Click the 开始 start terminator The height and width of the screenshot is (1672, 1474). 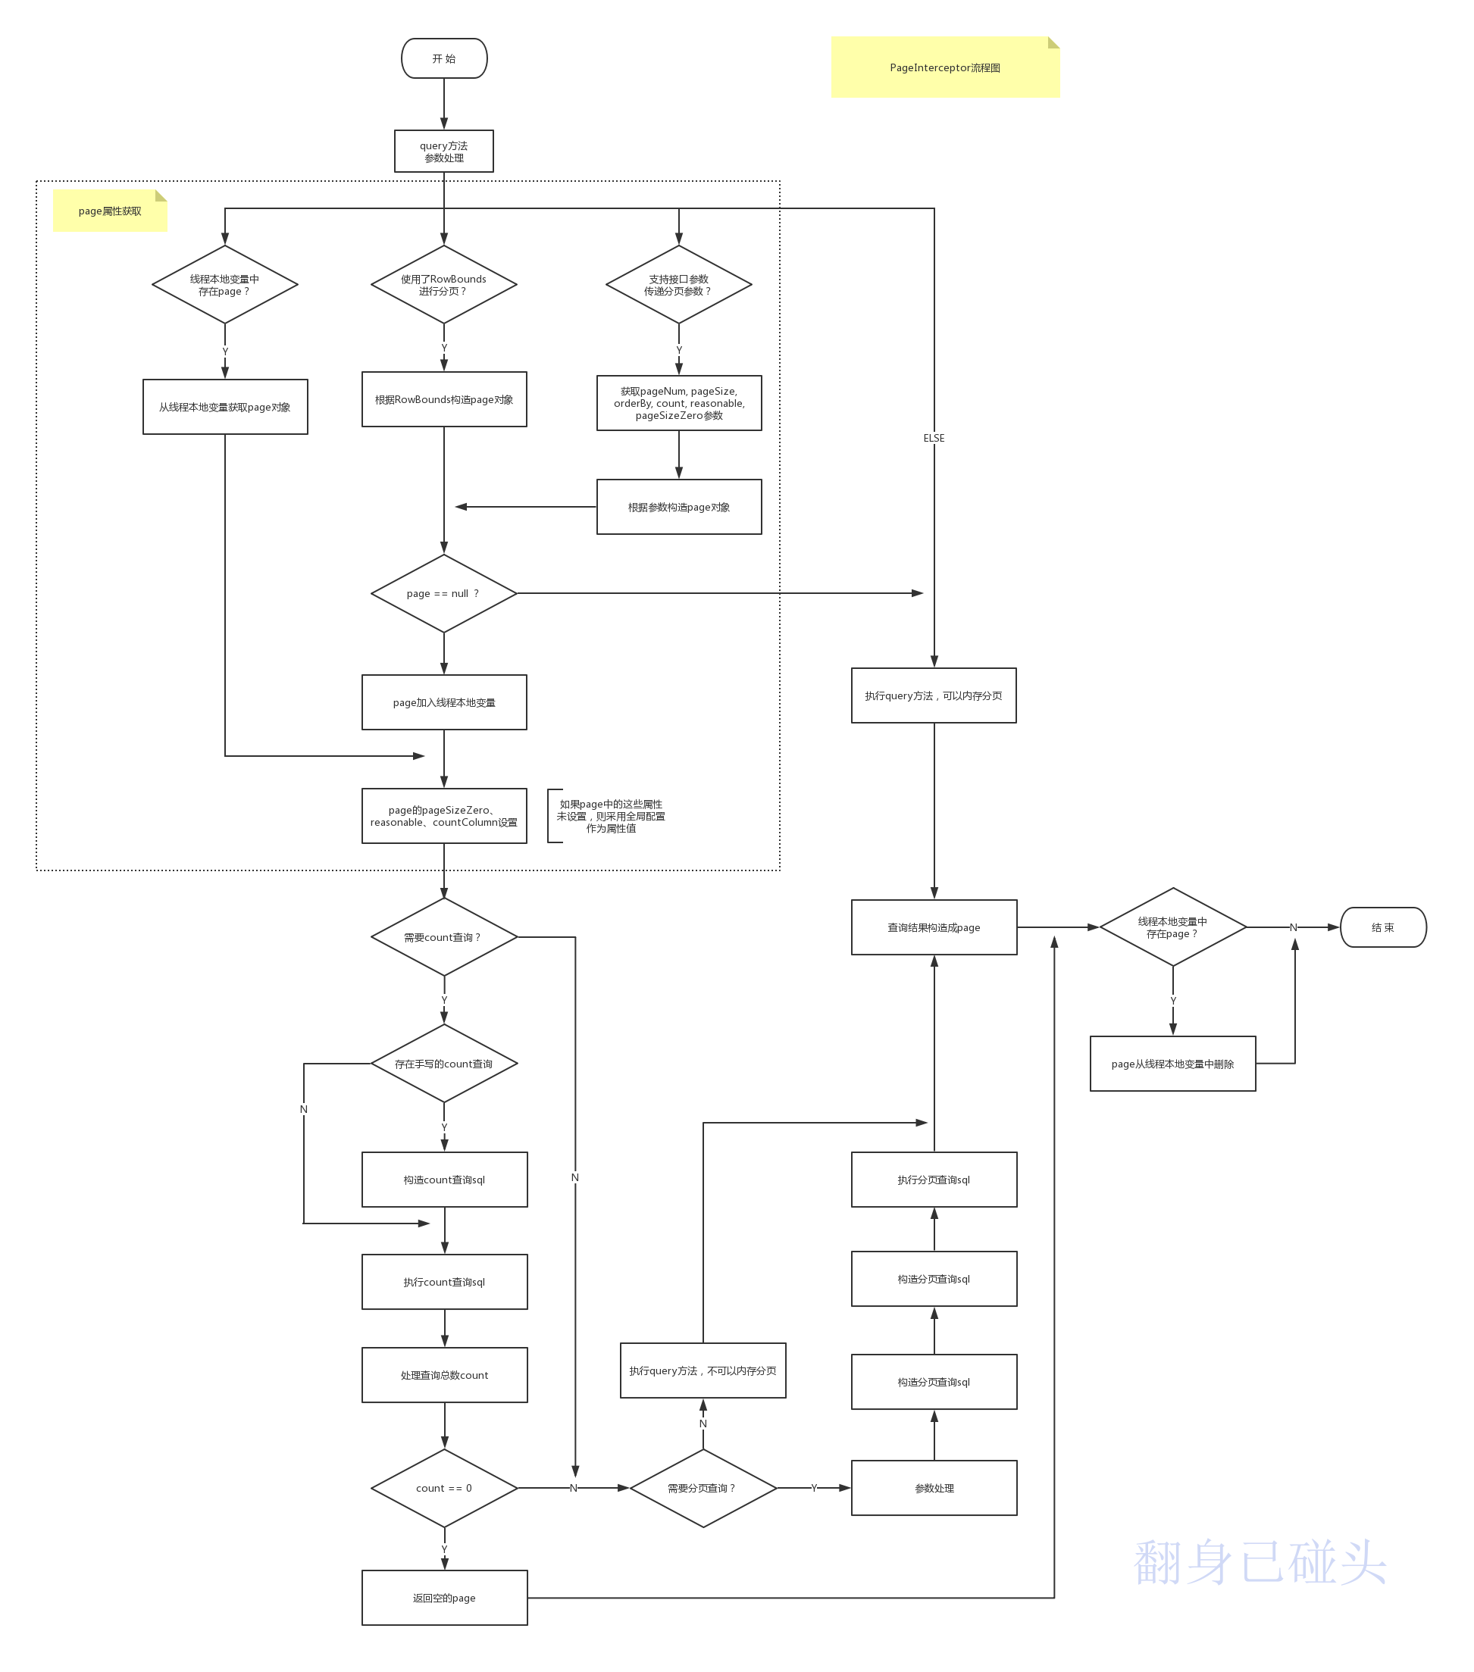point(443,59)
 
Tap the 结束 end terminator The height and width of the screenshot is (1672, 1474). point(1382,927)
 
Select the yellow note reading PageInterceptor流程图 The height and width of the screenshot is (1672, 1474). point(944,68)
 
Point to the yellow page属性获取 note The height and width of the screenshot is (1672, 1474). point(110,211)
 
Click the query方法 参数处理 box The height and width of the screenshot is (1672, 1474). point(443,152)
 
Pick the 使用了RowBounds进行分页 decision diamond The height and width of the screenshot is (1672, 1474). point(443,285)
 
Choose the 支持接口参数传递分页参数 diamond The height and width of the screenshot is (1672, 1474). point(678,285)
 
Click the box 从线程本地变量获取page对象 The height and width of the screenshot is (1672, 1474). point(225,407)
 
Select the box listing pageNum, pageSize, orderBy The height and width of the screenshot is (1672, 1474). point(678,403)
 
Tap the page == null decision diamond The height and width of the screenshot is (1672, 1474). point(443,593)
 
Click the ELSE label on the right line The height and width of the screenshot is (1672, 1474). point(934,438)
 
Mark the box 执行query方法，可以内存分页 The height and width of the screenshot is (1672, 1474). point(934,695)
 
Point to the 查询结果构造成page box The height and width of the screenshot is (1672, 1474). point(934,927)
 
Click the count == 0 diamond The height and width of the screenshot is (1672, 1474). point(443,1488)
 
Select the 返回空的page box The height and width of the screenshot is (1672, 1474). point(443,1598)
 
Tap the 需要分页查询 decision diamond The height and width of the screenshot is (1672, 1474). point(703,1488)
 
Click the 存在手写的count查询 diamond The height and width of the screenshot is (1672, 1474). point(443,1064)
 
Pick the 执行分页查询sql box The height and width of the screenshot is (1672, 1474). point(934,1180)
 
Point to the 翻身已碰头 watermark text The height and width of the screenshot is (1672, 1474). point(1260,1561)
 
